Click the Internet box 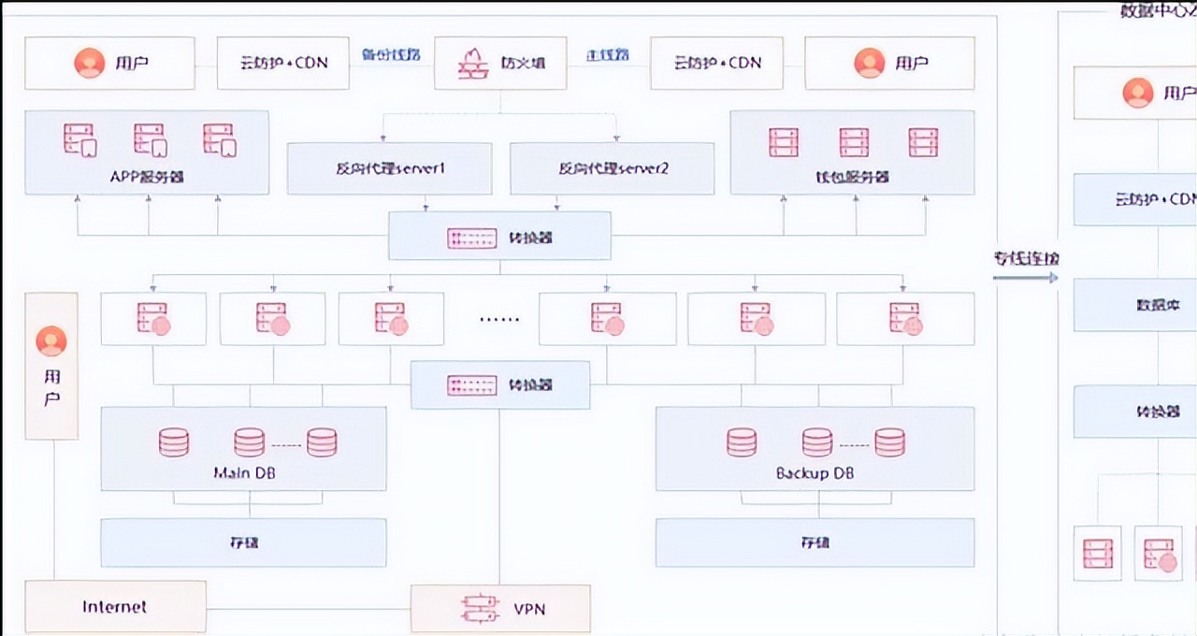115,606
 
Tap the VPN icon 474,609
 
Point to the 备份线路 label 391,54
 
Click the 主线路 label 608,54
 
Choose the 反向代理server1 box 389,168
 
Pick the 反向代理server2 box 612,168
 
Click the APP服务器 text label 146,176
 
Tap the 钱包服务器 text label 852,176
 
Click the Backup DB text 815,473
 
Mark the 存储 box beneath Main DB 243,542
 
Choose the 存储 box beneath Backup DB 815,542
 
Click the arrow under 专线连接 1026,277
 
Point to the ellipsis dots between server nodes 498,319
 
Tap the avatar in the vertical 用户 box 51,341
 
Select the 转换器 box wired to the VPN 500,384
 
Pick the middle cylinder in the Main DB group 249,441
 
